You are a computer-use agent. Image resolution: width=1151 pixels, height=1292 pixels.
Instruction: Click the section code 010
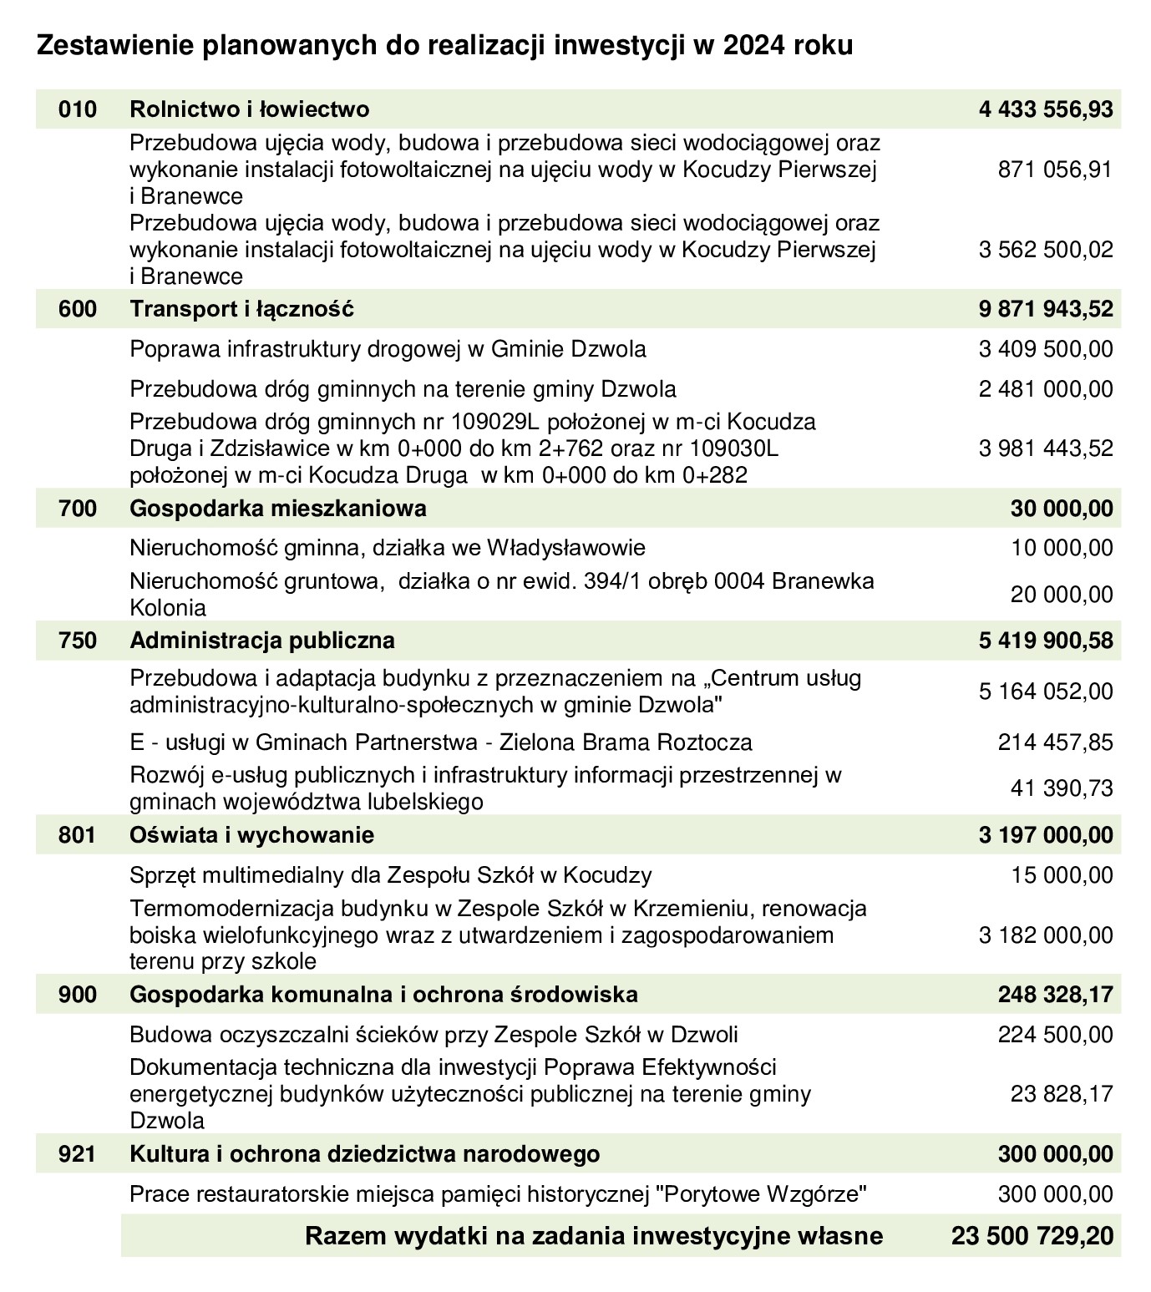pos(78,109)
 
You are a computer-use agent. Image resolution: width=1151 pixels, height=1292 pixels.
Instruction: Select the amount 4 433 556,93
pos(1046,109)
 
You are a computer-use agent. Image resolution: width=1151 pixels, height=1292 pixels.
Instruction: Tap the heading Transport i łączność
pos(242,309)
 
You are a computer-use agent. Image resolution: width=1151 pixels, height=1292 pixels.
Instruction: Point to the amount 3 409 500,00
pos(1046,349)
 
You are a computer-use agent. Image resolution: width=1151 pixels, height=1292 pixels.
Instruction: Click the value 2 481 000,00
pos(1046,389)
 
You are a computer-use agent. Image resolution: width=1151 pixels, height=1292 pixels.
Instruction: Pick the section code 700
pos(78,508)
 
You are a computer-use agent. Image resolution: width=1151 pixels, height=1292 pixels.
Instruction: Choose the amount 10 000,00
pos(1062,548)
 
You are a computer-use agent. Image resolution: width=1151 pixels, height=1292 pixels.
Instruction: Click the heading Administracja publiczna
pos(262,641)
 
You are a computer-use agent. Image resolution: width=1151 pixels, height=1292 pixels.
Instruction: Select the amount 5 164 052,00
pos(1046,692)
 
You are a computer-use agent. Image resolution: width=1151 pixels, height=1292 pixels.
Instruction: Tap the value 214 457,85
pos(1056,742)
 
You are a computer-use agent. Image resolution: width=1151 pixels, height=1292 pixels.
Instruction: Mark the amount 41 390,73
pos(1062,788)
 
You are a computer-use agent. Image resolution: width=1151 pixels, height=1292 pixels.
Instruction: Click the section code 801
pos(78,835)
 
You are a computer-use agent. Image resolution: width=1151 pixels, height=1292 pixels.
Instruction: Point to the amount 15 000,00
pos(1062,875)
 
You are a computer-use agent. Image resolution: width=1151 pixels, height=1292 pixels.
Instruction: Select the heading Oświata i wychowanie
pos(252,835)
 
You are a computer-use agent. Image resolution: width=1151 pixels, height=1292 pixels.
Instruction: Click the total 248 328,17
pos(1056,995)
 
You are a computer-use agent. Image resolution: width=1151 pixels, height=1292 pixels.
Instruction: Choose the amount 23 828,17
pos(1062,1094)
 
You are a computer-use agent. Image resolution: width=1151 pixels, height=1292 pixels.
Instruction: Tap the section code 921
pos(78,1154)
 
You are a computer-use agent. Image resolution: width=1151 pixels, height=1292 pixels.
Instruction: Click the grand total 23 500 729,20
pos(1032,1236)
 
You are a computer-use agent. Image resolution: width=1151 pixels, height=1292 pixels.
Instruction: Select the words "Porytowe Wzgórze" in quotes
pos(758,1194)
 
